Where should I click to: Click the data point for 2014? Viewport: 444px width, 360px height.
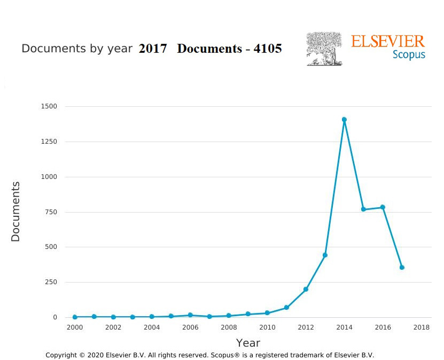point(344,120)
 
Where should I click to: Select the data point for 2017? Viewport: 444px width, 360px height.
point(402,267)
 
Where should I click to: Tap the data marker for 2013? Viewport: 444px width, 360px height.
point(325,255)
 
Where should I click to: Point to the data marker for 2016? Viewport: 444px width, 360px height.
point(383,207)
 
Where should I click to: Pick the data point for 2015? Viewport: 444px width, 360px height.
point(363,209)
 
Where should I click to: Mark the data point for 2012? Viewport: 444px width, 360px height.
point(306,289)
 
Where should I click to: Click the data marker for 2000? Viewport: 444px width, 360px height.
point(75,317)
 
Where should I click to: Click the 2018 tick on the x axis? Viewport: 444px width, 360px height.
point(421,327)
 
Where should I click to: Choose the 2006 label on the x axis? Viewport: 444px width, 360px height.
point(190,327)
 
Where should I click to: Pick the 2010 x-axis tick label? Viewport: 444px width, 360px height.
point(267,327)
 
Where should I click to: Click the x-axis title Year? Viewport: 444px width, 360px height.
point(248,343)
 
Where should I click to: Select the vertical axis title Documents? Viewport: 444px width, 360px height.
point(15,212)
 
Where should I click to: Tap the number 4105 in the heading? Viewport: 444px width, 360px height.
point(268,49)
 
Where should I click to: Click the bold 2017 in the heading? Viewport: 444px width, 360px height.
point(153,49)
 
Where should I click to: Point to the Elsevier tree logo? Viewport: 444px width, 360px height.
point(324,49)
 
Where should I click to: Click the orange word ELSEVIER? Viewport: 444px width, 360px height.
point(388,42)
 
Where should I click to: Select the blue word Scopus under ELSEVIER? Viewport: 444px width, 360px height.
point(409,54)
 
